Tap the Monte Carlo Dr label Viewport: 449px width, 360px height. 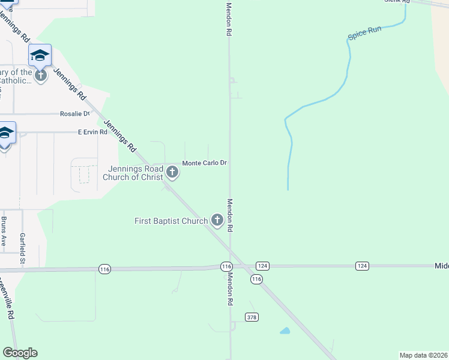click(204, 163)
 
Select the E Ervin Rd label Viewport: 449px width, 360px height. click(92, 132)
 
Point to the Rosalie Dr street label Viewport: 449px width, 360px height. click(74, 113)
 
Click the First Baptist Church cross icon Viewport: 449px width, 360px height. click(217, 221)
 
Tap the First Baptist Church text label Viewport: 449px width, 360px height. click(171, 221)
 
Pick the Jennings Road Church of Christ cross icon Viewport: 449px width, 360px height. click(172, 173)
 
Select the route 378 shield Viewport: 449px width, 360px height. click(252, 316)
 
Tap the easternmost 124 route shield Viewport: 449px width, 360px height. click(361, 265)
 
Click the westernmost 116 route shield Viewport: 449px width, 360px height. click(105, 269)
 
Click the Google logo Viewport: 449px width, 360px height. click(20, 353)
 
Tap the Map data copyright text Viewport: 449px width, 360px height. click(423, 355)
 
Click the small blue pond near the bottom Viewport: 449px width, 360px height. click(285, 331)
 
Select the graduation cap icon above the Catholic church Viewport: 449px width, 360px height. click(40, 55)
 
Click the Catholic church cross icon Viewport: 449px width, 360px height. click(40, 76)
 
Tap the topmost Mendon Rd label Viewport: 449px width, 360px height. click(229, 19)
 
